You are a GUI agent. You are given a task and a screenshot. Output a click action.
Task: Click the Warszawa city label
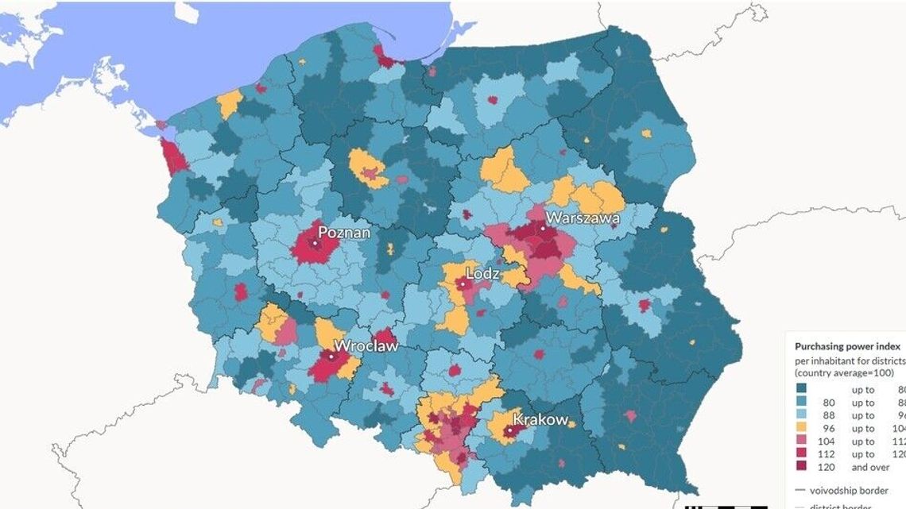(x=582, y=217)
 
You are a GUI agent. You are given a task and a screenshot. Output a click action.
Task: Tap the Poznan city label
(x=344, y=233)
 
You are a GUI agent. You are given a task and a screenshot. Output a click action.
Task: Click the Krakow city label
(x=540, y=418)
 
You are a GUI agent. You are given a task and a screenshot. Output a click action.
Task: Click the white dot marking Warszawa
(x=544, y=228)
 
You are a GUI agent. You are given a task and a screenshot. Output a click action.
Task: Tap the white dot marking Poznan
(x=315, y=244)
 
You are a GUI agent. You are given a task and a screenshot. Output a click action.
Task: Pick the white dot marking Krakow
(x=509, y=430)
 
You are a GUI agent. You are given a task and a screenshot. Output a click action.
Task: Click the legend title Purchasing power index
(x=847, y=346)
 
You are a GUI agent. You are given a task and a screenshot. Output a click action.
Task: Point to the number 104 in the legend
(x=827, y=442)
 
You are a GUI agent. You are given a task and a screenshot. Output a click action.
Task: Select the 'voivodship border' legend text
(x=856, y=490)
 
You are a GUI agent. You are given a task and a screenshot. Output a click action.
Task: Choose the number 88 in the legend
(x=830, y=415)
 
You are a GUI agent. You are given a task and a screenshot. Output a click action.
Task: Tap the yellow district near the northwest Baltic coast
(x=229, y=104)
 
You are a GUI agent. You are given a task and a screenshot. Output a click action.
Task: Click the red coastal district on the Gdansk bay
(x=388, y=56)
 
